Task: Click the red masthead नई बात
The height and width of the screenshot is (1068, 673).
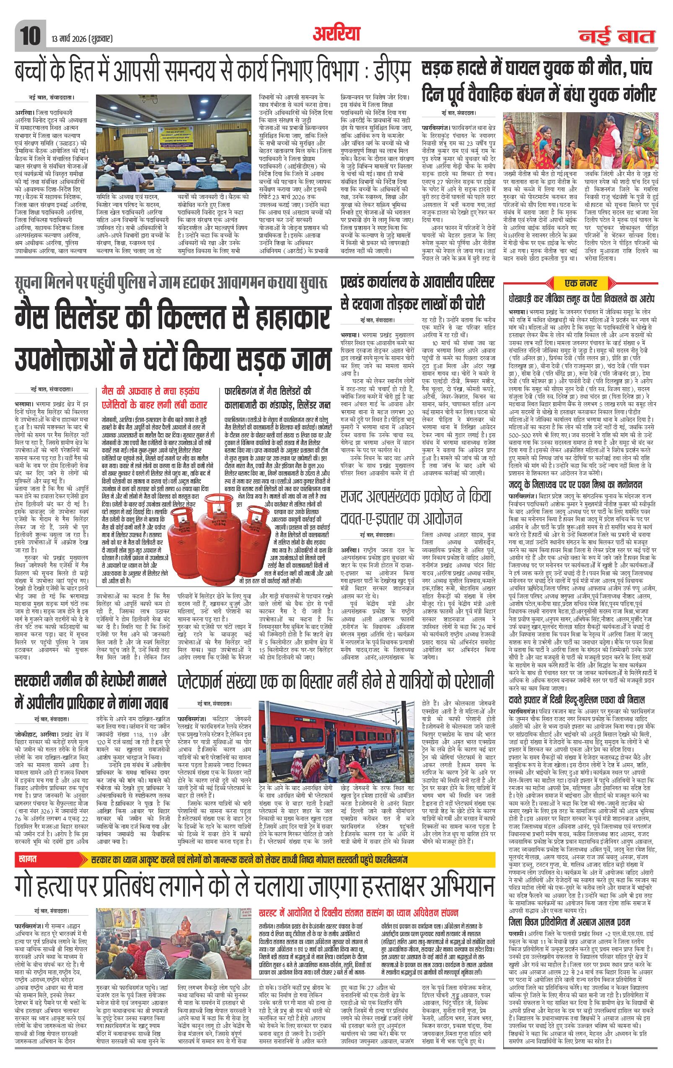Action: [617, 36]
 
